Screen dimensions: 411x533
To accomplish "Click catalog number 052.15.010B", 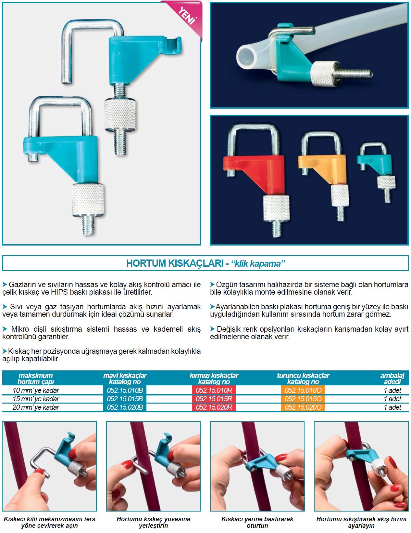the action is tap(125, 390).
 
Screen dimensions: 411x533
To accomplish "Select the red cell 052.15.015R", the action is tap(214, 399).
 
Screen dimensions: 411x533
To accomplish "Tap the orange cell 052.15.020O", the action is tap(303, 407).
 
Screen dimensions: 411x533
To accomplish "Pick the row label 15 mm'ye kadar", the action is tap(36, 399).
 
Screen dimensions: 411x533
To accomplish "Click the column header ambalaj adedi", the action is tap(392, 379).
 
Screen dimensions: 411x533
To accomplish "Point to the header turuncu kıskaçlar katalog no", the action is tap(303, 379).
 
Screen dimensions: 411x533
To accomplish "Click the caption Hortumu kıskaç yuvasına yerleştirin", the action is tap(154, 522).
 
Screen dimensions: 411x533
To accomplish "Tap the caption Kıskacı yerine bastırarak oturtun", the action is tap(257, 522).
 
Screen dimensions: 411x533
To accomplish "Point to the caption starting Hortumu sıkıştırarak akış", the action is tap(361, 522).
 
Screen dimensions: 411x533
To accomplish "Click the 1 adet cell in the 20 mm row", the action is tap(392, 407).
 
